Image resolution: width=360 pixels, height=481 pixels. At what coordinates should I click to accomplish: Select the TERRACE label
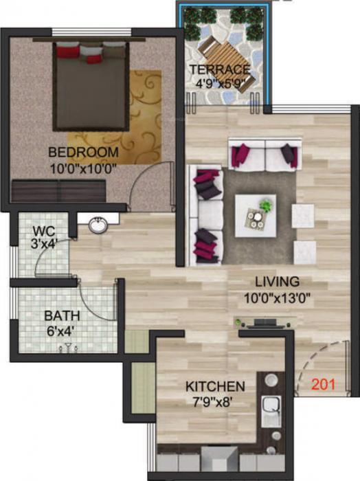219,69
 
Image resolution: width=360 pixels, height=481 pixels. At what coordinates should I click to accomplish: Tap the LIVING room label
277,281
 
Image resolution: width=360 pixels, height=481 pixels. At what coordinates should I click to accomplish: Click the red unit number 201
323,385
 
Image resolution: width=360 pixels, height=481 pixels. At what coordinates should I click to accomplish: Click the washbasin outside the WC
98,225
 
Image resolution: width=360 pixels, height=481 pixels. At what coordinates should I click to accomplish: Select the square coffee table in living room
256,214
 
